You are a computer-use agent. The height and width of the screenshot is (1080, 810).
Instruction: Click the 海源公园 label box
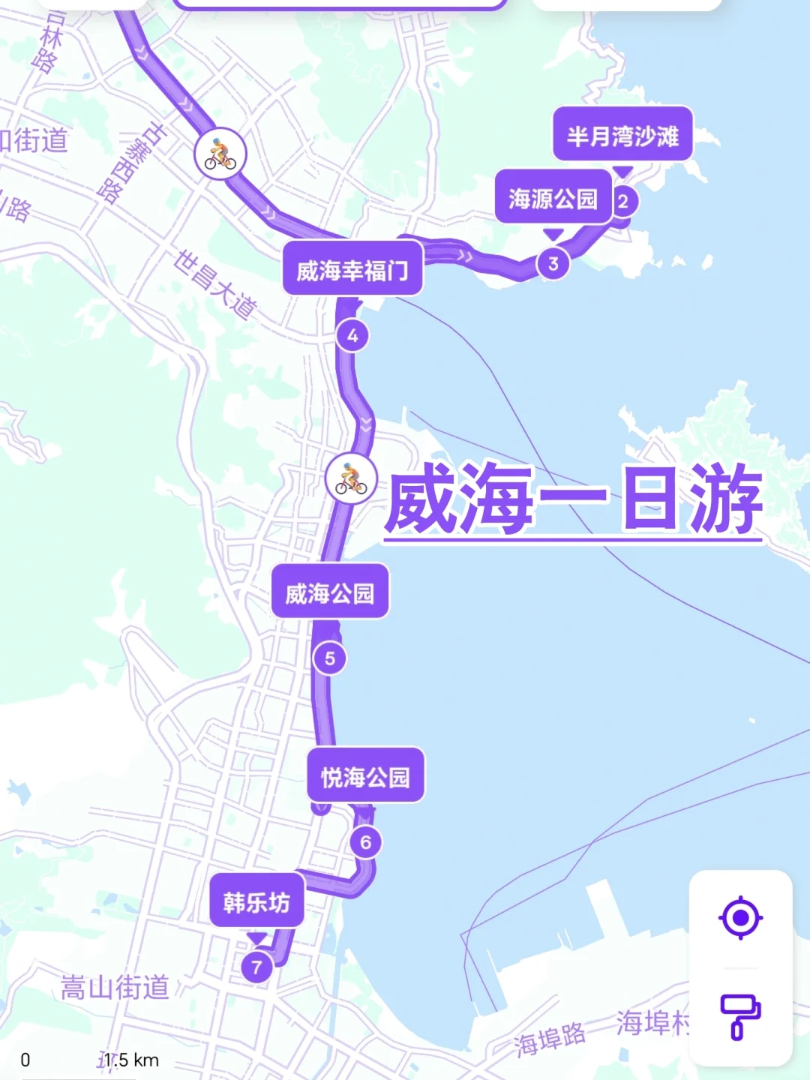(x=553, y=197)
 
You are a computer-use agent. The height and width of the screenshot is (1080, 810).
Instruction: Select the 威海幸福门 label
(x=352, y=269)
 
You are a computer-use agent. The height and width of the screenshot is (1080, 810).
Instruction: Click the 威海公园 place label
(x=330, y=592)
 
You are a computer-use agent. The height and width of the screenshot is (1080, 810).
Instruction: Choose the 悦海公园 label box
(x=366, y=776)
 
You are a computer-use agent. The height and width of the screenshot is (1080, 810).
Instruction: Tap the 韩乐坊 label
(x=256, y=901)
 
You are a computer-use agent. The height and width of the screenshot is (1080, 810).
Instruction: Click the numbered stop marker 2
(x=622, y=201)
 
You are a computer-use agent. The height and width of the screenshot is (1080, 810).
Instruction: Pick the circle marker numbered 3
(x=553, y=263)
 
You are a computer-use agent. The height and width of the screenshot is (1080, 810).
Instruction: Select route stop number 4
(x=352, y=335)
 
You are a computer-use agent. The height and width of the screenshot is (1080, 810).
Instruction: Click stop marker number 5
(x=330, y=658)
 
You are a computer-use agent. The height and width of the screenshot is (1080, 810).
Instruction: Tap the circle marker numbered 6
(x=366, y=842)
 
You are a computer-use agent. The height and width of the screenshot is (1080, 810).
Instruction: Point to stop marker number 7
(x=256, y=967)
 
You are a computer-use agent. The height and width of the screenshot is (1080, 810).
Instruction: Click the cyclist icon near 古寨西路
(x=220, y=154)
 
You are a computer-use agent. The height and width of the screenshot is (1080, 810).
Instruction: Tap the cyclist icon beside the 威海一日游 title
(x=351, y=478)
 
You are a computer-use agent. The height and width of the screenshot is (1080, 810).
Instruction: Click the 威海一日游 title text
(x=574, y=499)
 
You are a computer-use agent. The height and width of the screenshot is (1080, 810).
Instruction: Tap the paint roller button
(x=740, y=1015)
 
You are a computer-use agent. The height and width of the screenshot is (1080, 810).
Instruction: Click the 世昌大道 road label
(x=215, y=284)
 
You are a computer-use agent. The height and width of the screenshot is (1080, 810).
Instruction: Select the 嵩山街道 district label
(x=115, y=987)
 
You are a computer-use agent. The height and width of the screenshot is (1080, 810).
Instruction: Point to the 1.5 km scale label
(x=131, y=1060)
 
